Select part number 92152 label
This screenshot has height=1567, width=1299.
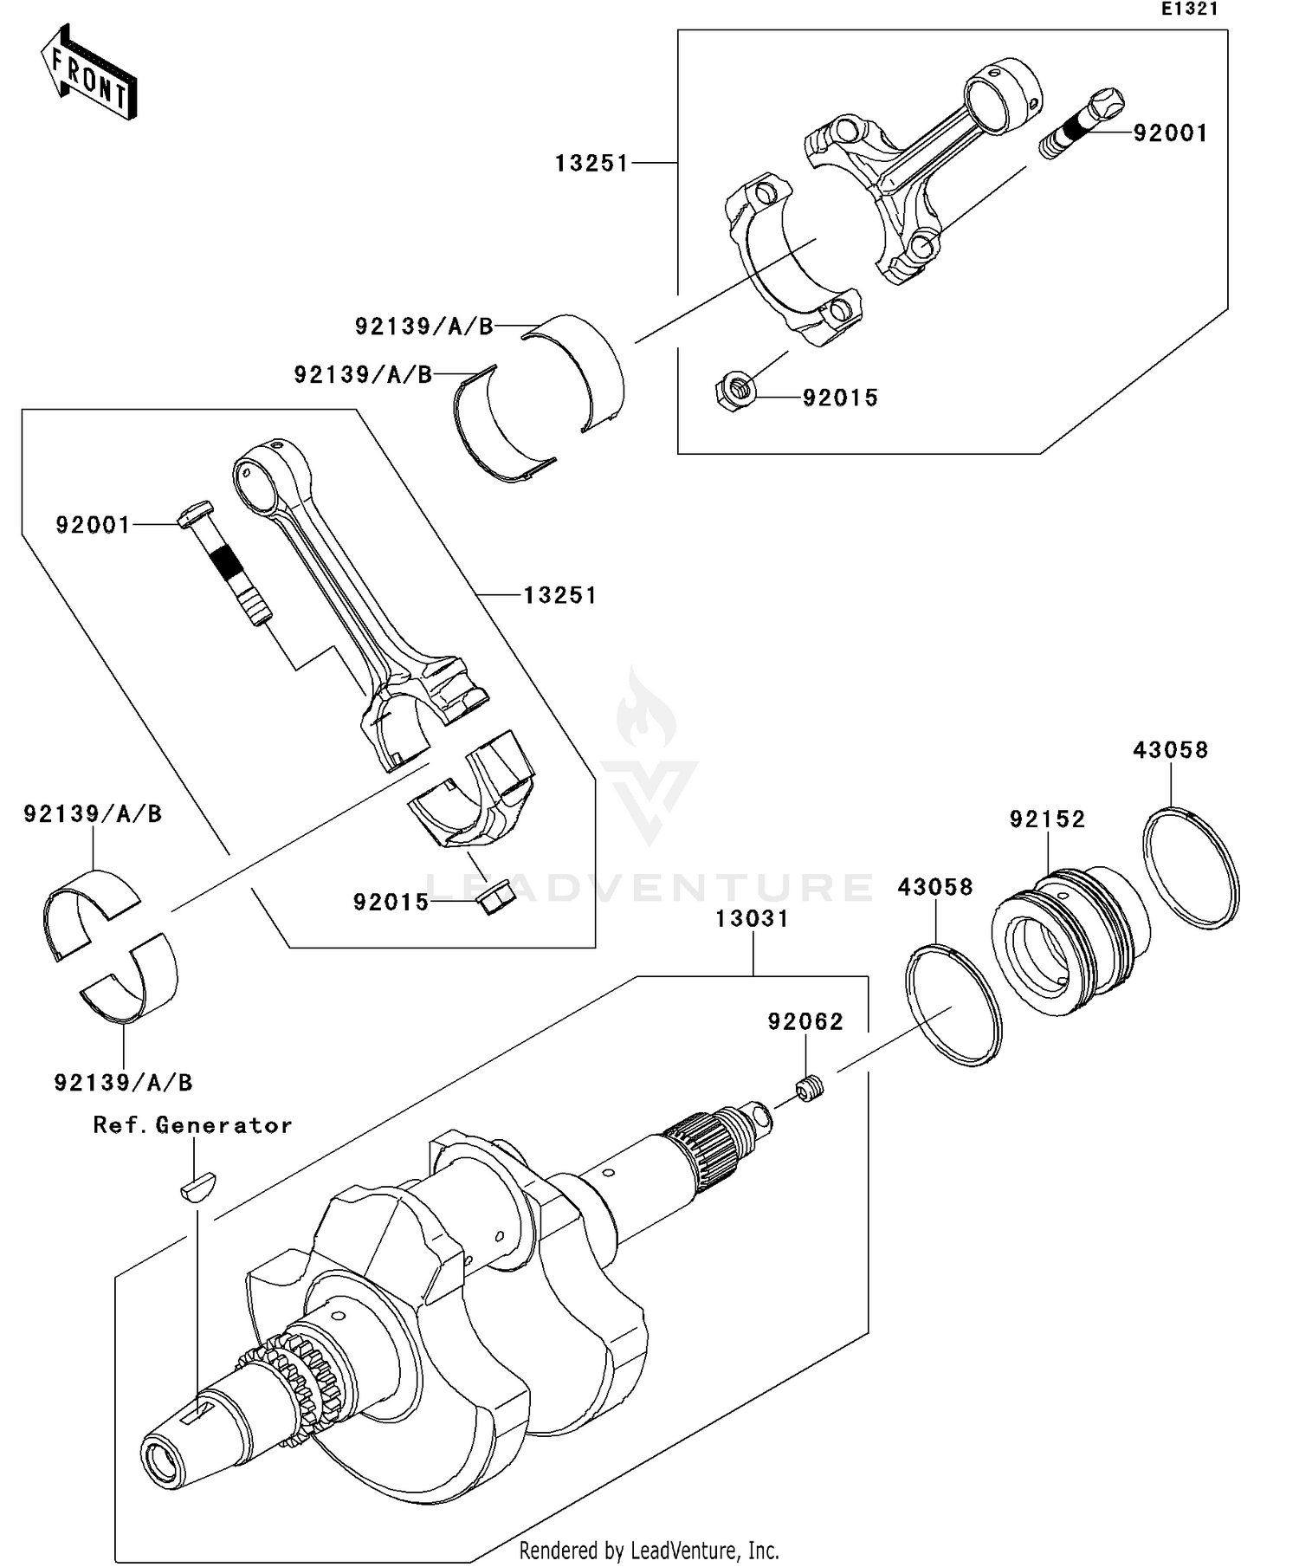pyautogui.click(x=1047, y=819)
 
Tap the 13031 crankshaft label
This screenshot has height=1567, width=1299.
pyautogui.click(x=752, y=918)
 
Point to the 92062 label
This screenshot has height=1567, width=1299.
pyautogui.click(x=805, y=1022)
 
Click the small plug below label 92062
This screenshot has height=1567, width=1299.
pyautogui.click(x=810, y=1088)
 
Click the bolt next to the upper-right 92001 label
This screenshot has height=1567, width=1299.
pyautogui.click(x=1081, y=124)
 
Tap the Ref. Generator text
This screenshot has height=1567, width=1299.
pyautogui.click(x=192, y=1125)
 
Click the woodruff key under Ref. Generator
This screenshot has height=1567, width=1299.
pyautogui.click(x=198, y=1185)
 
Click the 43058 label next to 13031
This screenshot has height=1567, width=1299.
pyautogui.click(x=934, y=887)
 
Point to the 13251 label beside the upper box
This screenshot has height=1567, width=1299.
pyautogui.click(x=591, y=163)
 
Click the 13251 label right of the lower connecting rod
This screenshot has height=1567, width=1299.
pyautogui.click(x=559, y=595)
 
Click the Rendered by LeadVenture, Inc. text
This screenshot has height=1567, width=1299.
pyautogui.click(x=649, y=1550)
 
